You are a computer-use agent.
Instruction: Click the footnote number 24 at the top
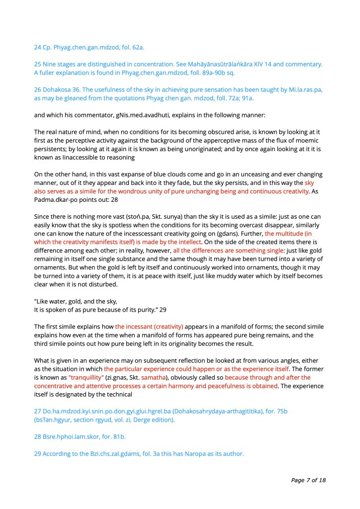38,48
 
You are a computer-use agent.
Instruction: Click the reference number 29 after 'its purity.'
163,309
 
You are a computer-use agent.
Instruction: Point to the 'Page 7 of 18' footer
308,481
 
